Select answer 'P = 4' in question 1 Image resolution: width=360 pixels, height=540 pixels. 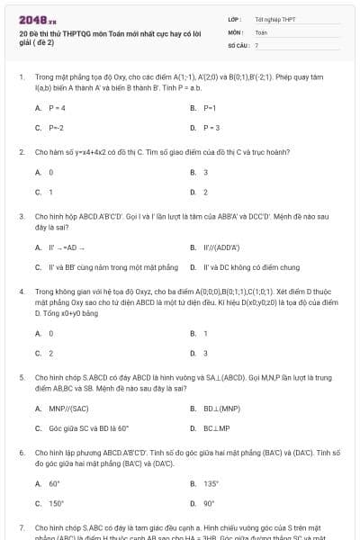click(x=57, y=107)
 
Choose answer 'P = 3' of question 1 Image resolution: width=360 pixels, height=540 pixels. click(x=211, y=128)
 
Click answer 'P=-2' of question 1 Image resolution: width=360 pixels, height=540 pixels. click(x=56, y=128)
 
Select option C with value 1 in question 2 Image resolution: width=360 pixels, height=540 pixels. click(x=50, y=192)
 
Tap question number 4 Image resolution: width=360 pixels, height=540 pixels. click(x=22, y=292)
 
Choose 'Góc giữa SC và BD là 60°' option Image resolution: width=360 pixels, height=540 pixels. click(x=89, y=427)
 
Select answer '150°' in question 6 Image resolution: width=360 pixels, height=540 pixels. click(x=56, y=503)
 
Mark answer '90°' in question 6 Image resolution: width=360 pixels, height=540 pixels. click(x=209, y=503)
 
